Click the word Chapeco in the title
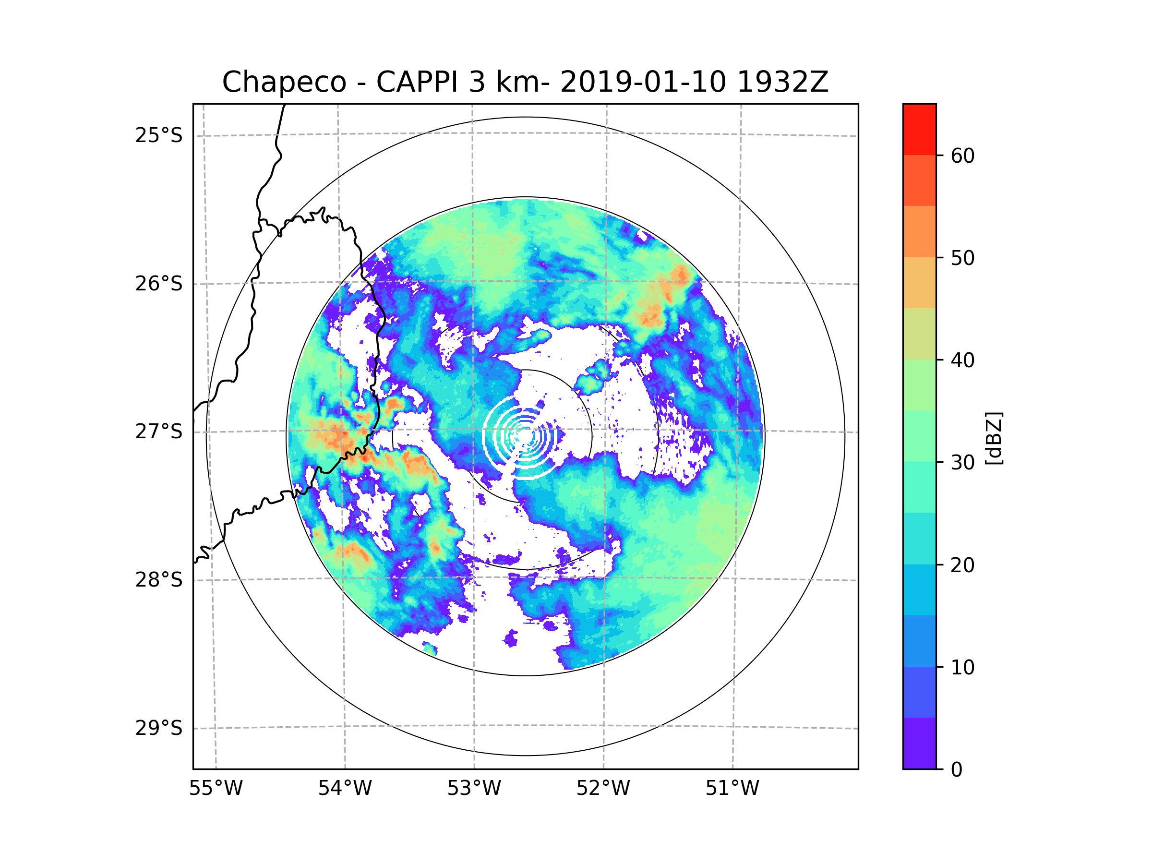[284, 82]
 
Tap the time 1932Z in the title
[782, 82]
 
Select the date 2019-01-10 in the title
[643, 82]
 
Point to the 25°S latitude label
[159, 135]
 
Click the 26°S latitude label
[159, 284]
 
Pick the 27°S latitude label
[159, 432]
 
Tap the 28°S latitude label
[159, 580]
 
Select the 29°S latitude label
[159, 728]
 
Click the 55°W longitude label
[216, 789]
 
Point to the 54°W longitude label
[345, 789]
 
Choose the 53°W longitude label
[474, 789]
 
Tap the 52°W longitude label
[603, 789]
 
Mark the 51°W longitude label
[732, 789]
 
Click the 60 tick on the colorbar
[962, 156]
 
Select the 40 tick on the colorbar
[962, 360]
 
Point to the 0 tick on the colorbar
[957, 770]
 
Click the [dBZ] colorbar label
[994, 439]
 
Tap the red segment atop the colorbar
[919, 129]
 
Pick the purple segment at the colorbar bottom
[919, 743]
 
